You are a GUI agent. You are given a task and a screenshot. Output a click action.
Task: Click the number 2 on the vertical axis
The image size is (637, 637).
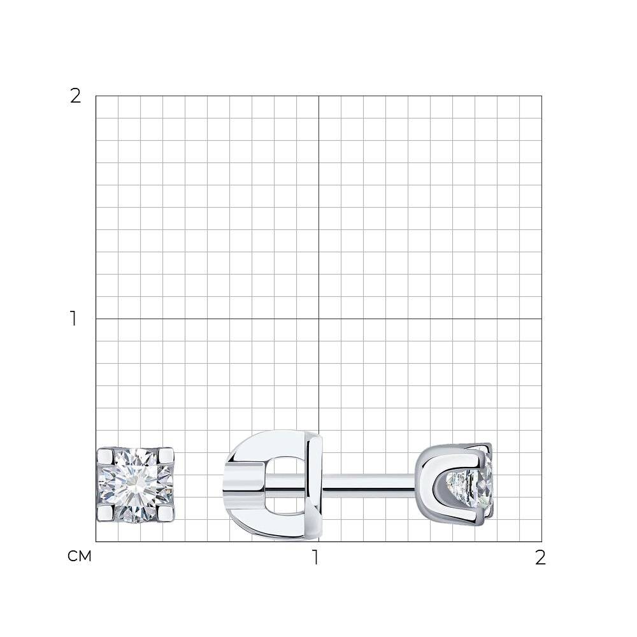(76, 96)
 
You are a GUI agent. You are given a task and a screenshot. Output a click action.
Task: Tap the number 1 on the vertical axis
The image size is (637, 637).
(73, 318)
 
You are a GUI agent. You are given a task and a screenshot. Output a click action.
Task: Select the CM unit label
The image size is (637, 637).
(79, 556)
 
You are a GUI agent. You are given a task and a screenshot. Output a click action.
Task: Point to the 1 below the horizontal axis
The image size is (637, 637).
(315, 557)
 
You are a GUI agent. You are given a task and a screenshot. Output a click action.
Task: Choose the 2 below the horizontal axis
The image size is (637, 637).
(540, 558)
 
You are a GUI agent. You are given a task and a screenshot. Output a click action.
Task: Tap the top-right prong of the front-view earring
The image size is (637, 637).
(166, 455)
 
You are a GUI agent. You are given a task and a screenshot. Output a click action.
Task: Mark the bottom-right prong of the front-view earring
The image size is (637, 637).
(166, 513)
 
